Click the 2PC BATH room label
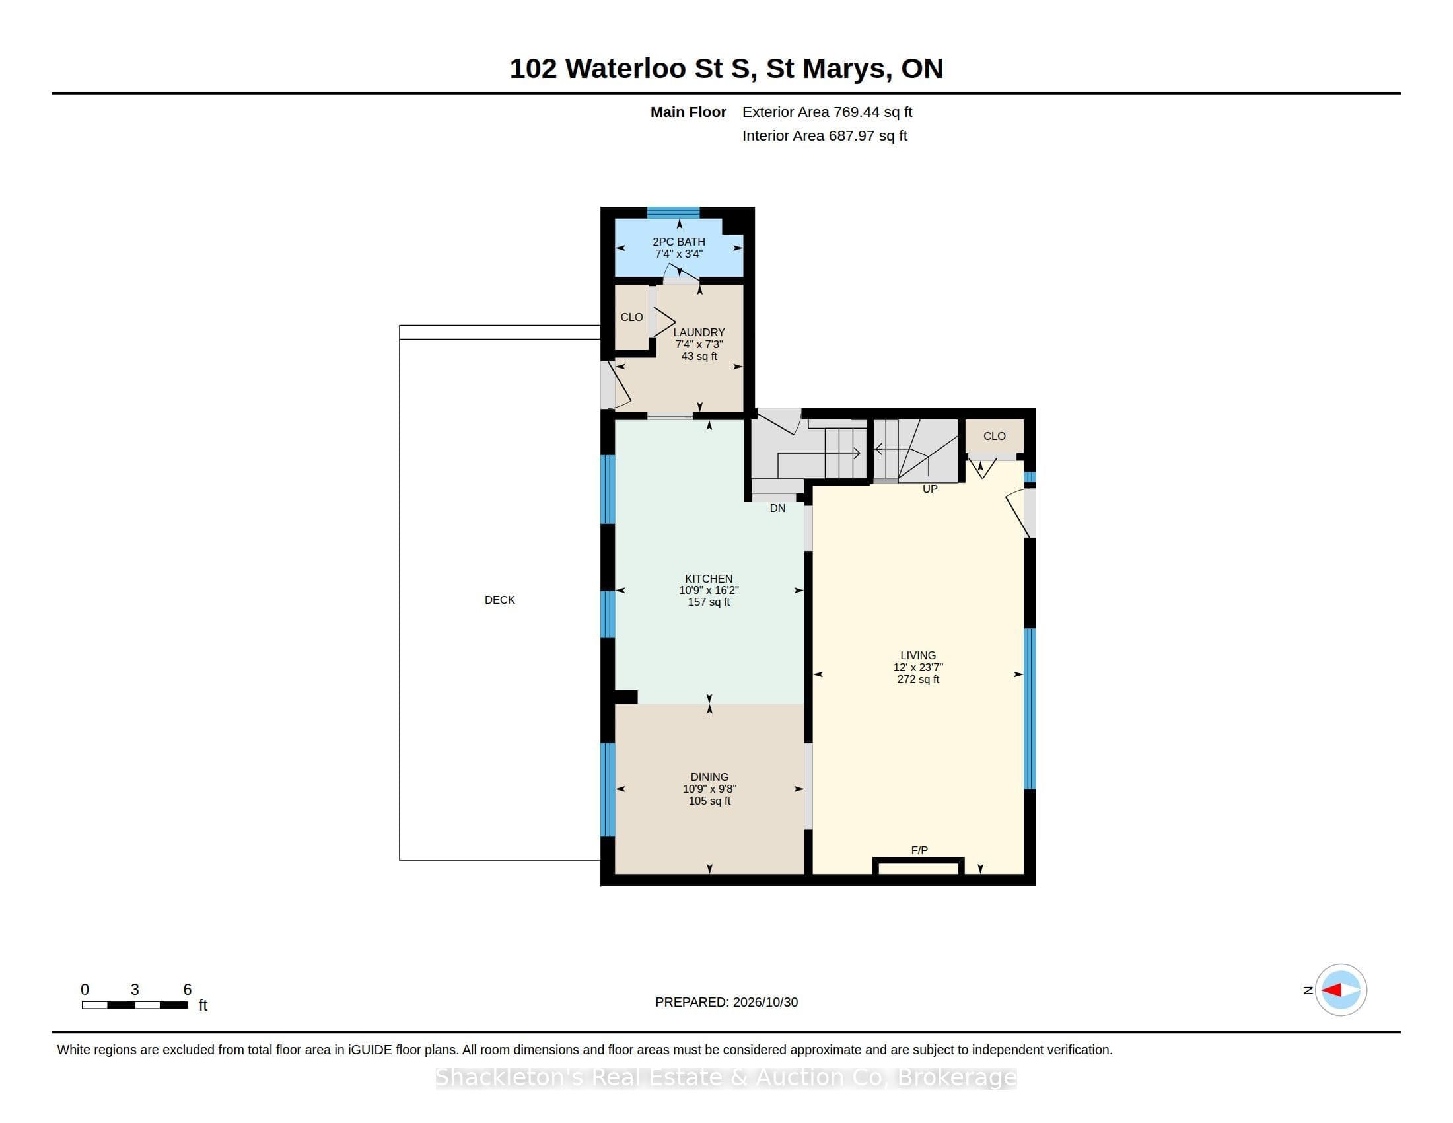tap(678, 242)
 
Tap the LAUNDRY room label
tap(699, 333)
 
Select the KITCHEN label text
tap(709, 579)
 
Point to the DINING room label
tap(709, 777)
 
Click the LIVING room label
tap(918, 655)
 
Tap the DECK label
tap(500, 600)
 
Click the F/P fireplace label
tap(919, 850)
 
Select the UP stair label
tap(930, 489)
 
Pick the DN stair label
tap(778, 508)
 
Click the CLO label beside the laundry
tap(631, 317)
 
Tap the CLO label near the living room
tap(995, 437)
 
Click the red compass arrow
tap(1331, 990)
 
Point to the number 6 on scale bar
tap(188, 990)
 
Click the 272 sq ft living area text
tap(918, 679)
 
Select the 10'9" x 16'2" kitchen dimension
tap(709, 590)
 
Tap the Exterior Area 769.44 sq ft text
tap(827, 112)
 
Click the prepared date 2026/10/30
tap(765, 1002)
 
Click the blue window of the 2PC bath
tap(673, 213)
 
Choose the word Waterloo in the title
tap(625, 69)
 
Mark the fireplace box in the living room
tap(919, 866)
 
